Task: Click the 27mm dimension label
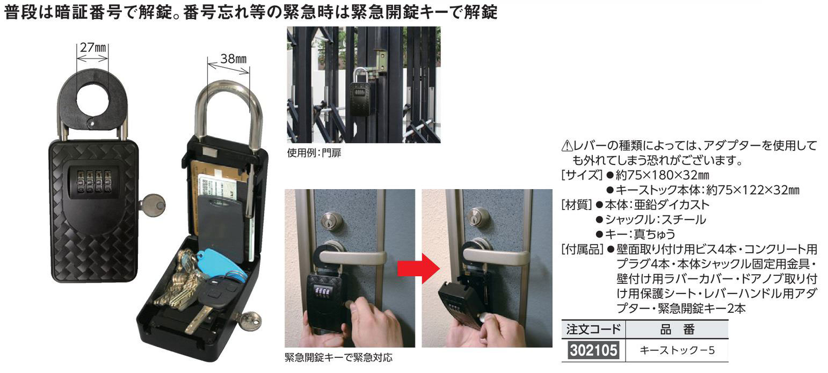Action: tap(93, 48)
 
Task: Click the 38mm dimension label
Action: tap(233, 59)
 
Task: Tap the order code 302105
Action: tap(593, 350)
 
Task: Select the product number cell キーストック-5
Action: tap(677, 350)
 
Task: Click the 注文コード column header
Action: tap(593, 329)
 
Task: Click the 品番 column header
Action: tap(677, 329)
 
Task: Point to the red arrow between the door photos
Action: tap(418, 269)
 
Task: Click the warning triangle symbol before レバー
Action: tap(566, 146)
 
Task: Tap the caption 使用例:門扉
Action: tap(314, 153)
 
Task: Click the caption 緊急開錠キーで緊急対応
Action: tap(338, 357)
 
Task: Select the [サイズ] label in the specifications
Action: tap(582, 175)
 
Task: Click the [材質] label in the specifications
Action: tap(577, 205)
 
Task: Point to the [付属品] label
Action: tap(582, 249)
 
